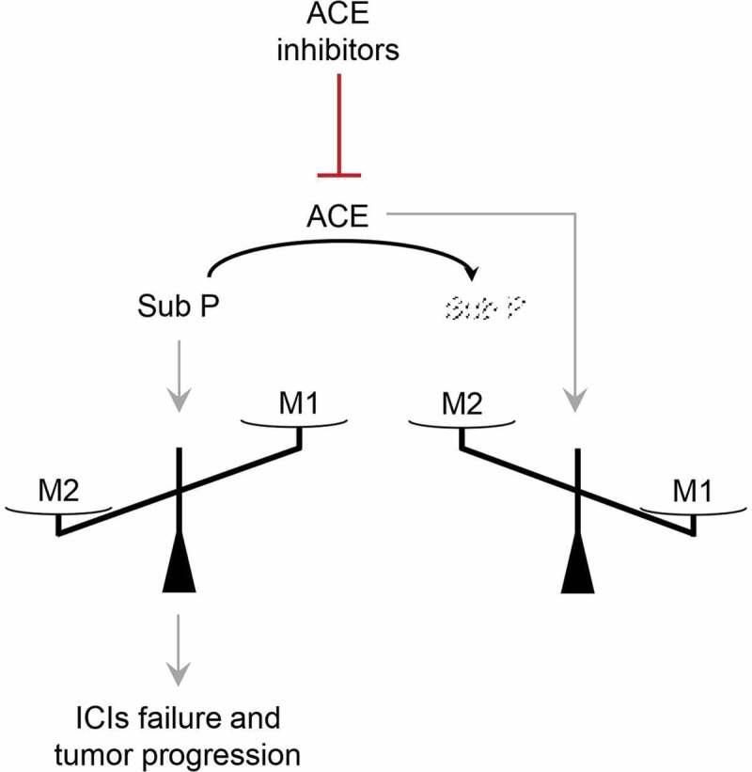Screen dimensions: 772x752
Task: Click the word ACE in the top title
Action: pyautogui.click(x=337, y=16)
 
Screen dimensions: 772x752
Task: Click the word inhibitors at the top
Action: pyautogui.click(x=337, y=49)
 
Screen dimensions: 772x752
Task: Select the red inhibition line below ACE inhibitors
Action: pyautogui.click(x=337, y=122)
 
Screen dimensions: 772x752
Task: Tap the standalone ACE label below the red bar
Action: pyautogui.click(x=337, y=219)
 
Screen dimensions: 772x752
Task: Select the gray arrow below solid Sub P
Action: pyautogui.click(x=178, y=376)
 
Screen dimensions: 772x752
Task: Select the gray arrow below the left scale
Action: pyautogui.click(x=178, y=651)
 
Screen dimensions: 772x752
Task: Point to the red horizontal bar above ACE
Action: pyautogui.click(x=337, y=173)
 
